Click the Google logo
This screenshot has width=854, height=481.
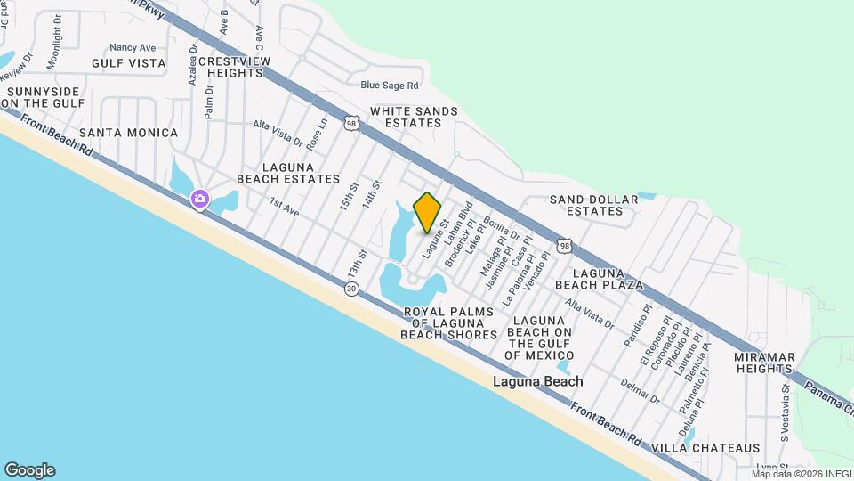pyautogui.click(x=29, y=470)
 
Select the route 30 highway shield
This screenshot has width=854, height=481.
pyautogui.click(x=351, y=289)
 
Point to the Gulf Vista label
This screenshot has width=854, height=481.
pyautogui.click(x=129, y=63)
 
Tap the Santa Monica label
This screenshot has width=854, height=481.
pyautogui.click(x=129, y=133)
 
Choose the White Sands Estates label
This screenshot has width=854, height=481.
pyautogui.click(x=414, y=117)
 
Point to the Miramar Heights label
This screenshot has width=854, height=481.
pyautogui.click(x=763, y=363)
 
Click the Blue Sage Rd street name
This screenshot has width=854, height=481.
pyautogui.click(x=389, y=86)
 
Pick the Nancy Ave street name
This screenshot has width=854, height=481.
pyautogui.click(x=133, y=47)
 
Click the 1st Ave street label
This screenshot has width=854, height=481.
pyautogui.click(x=285, y=205)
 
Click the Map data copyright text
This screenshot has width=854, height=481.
pyautogui.click(x=799, y=474)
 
